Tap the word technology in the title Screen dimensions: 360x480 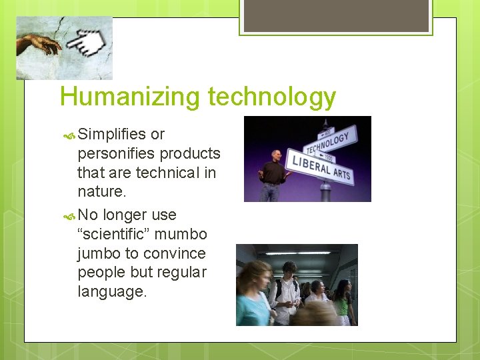pyautogui.click(x=271, y=97)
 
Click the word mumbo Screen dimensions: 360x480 pyautogui.click(x=189, y=234)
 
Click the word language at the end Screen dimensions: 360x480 pyautogui.click(x=111, y=292)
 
